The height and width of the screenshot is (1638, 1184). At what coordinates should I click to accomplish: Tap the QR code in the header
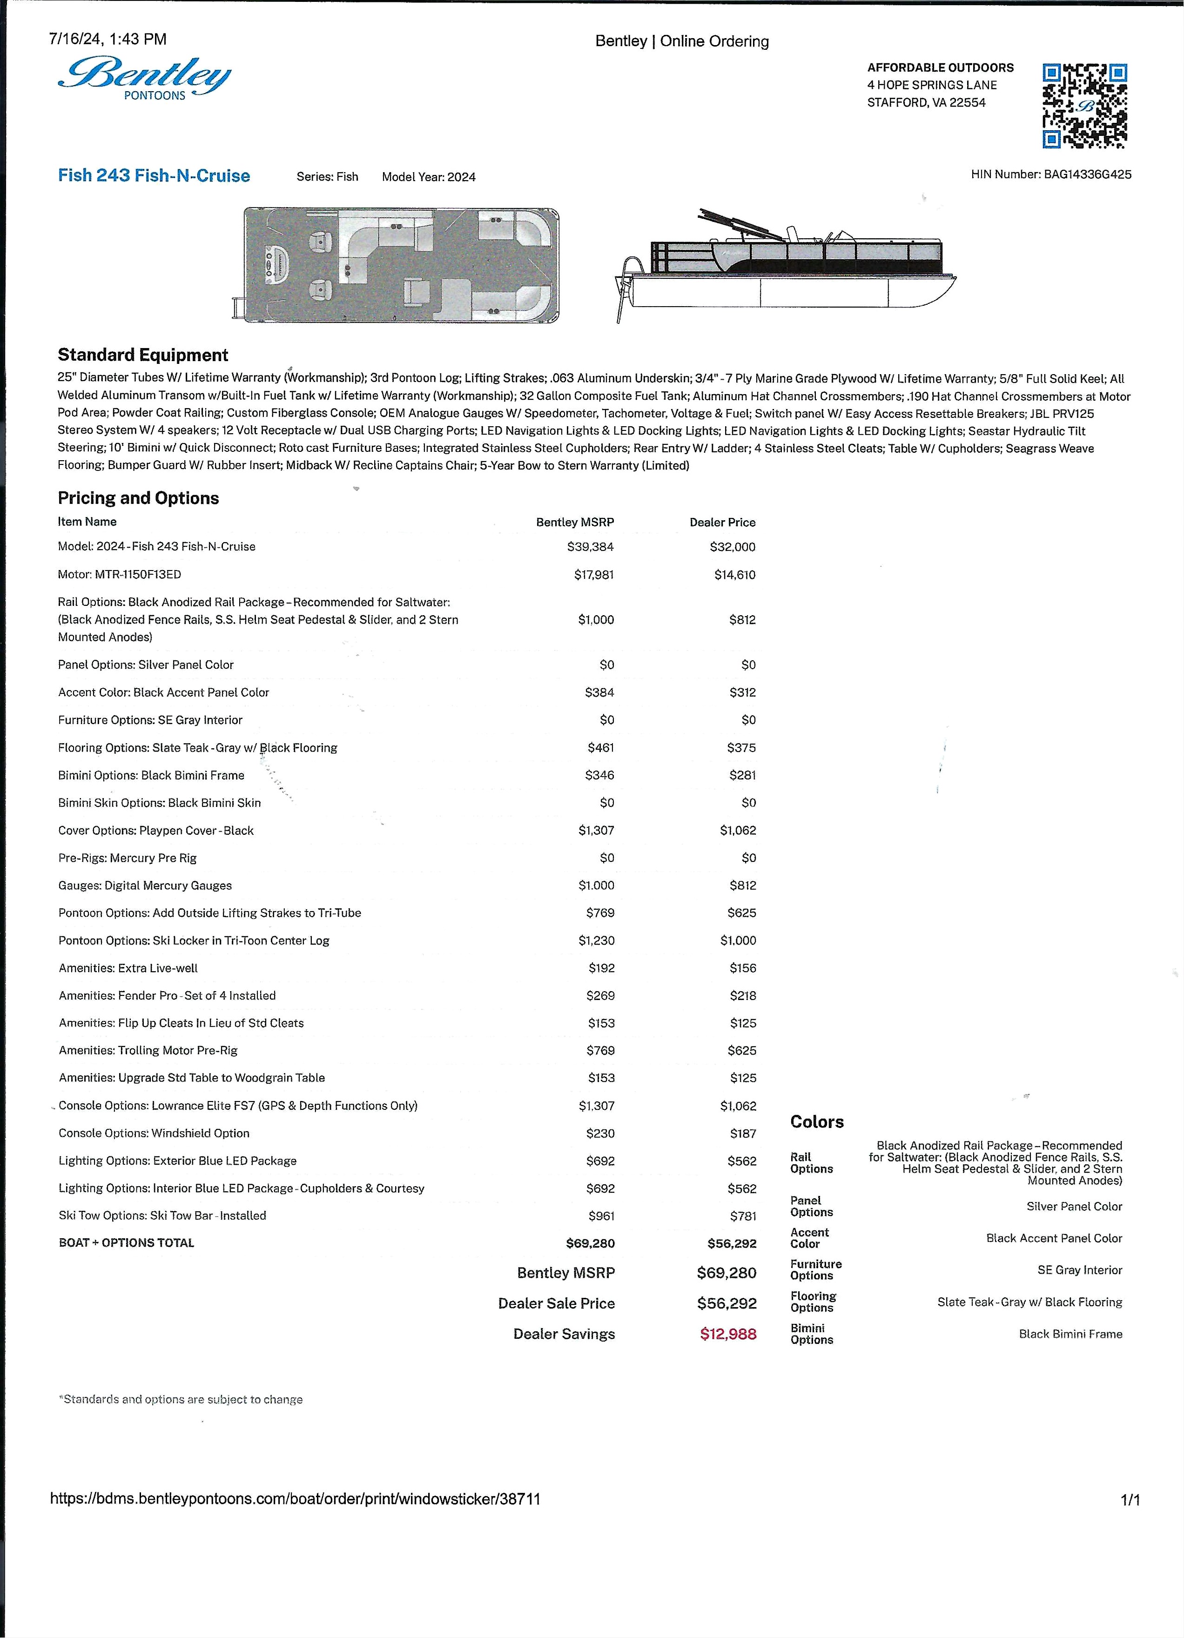tap(1084, 106)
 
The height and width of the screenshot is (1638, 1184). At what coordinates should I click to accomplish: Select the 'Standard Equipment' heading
tap(142, 355)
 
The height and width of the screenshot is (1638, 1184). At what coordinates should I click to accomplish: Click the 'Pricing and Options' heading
tap(138, 497)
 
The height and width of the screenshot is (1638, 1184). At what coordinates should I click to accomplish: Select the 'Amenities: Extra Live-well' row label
tap(128, 968)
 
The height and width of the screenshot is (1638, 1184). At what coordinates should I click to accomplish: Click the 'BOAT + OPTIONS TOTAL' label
tap(127, 1243)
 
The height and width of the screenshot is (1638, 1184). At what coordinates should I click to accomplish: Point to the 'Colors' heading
tap(816, 1121)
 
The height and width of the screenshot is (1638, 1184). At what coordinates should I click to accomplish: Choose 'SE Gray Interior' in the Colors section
tap(1079, 1269)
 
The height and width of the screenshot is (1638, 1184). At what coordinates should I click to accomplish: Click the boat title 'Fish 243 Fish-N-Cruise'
tap(154, 175)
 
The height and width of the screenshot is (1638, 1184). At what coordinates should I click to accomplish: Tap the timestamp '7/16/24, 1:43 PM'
tap(108, 39)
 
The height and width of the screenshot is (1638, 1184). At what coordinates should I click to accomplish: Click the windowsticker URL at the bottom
tap(295, 1498)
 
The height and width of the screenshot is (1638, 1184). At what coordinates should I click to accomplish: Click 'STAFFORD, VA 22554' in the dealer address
tap(926, 102)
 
